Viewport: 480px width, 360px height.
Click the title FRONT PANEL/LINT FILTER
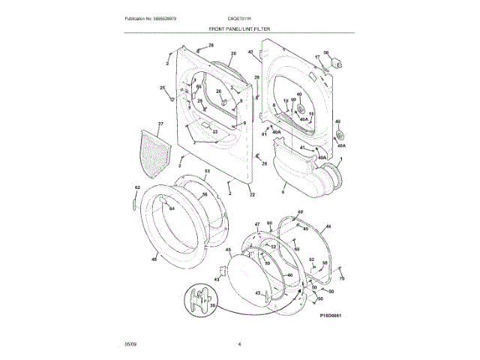tap(239, 28)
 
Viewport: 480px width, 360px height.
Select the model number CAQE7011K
tap(239, 17)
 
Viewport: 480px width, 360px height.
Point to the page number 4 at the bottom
tap(239, 344)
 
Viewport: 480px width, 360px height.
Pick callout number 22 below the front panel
tap(252, 195)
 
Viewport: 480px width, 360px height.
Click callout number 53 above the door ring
tap(208, 172)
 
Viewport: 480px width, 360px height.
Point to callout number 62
tap(137, 187)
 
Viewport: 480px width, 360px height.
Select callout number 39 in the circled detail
tap(212, 306)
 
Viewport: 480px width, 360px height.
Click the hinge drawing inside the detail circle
tap(199, 298)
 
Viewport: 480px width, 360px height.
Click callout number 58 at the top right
tap(326, 52)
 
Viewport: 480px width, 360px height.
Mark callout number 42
tap(250, 52)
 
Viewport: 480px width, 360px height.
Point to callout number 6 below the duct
tap(283, 193)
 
